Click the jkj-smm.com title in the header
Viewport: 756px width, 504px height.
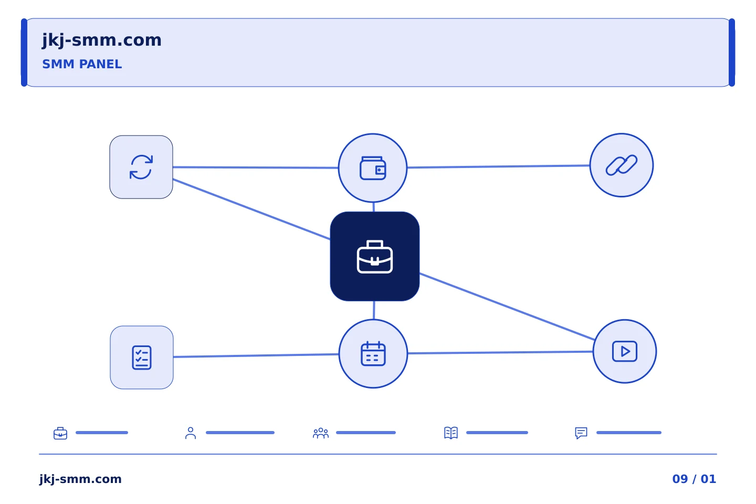click(x=102, y=40)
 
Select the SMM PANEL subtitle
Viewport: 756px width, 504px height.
click(x=82, y=64)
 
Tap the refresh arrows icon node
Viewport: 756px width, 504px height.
click(x=141, y=167)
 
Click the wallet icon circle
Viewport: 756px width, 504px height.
click(x=373, y=168)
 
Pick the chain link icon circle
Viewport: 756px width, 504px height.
click(x=622, y=165)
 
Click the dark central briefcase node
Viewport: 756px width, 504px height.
click(x=375, y=256)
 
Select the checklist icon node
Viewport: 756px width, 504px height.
click(x=142, y=358)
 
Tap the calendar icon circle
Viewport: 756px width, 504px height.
click(x=373, y=354)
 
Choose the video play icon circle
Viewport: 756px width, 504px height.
click(x=625, y=351)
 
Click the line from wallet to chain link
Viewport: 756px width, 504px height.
click(x=499, y=166)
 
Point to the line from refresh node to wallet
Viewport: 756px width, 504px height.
click(x=256, y=167)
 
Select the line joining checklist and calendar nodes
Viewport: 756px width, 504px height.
click(x=256, y=355)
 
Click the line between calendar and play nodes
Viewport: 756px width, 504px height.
click(x=500, y=352)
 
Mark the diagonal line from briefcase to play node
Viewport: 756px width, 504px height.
click(x=507, y=307)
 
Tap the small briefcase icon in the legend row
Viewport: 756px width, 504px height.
click(x=60, y=433)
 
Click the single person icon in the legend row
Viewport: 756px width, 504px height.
click(x=191, y=433)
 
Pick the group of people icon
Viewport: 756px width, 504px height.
click(x=321, y=433)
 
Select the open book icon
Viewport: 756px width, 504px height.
click(x=451, y=433)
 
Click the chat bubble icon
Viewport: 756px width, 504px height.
click(x=581, y=433)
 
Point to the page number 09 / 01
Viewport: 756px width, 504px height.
click(x=694, y=479)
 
